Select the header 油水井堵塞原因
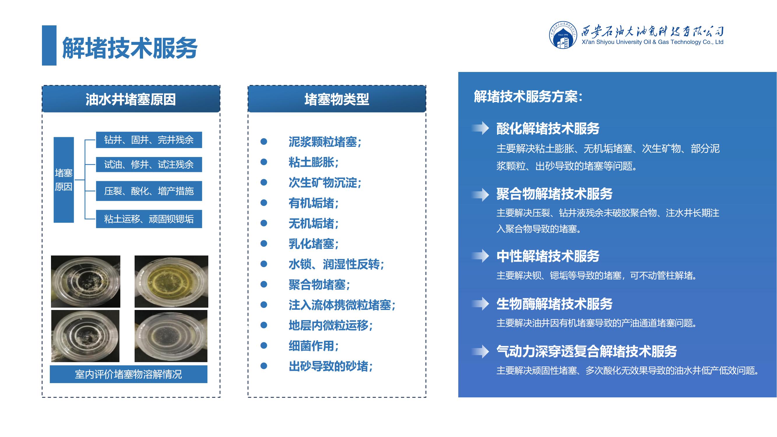(131, 99)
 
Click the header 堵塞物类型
(336, 99)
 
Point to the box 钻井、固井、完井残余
(149, 140)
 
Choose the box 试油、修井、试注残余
(149, 164)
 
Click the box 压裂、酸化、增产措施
(149, 191)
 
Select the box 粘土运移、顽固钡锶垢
(149, 219)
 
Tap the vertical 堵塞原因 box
(64, 180)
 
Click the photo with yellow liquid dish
(171, 281)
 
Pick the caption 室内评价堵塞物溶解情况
(128, 374)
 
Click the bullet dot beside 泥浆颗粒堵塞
(264, 142)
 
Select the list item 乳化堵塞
(314, 244)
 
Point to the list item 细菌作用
(314, 346)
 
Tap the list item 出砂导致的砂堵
(331, 366)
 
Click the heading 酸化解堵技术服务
(548, 128)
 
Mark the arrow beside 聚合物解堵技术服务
(480, 195)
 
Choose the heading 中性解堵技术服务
(548, 256)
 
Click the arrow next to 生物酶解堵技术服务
(480, 303)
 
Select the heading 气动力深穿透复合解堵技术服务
(587, 351)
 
